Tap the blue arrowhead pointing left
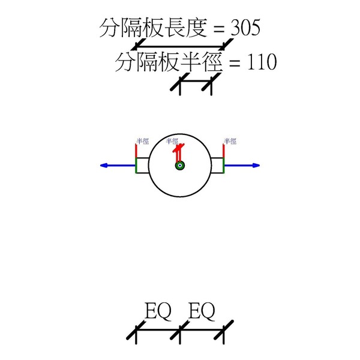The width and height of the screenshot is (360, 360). (104, 166)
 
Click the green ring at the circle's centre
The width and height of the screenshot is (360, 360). (179, 166)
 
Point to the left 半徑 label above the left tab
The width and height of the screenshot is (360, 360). (142, 142)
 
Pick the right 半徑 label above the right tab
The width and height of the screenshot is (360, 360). (230, 142)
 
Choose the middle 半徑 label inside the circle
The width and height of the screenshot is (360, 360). (172, 142)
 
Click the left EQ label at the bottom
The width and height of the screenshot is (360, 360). (158, 311)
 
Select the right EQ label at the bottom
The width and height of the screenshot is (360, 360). (202, 311)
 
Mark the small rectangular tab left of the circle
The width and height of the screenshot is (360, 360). (143, 166)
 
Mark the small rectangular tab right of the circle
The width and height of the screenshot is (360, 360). (217, 166)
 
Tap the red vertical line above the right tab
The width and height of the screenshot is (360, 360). (224, 151)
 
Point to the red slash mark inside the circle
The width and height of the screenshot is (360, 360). (178, 152)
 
